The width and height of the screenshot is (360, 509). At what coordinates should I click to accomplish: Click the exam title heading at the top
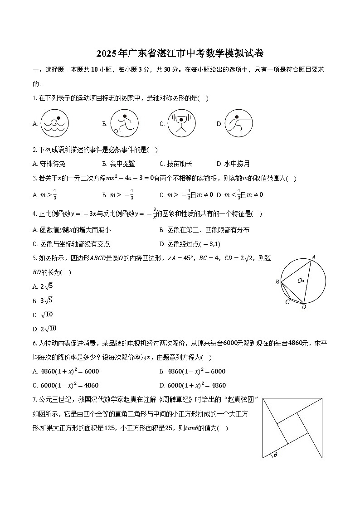[180, 54]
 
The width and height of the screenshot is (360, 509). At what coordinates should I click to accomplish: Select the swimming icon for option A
[54, 123]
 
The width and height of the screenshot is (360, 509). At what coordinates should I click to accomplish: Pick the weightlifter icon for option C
[181, 123]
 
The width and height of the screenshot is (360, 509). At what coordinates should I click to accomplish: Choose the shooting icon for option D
[238, 123]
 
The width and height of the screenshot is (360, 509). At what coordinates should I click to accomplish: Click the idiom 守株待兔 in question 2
[53, 164]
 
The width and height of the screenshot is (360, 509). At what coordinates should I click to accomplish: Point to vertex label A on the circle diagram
[313, 257]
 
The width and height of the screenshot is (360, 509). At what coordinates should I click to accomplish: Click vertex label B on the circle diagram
[277, 282]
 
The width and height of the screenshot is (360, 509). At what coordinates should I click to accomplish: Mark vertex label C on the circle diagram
[287, 302]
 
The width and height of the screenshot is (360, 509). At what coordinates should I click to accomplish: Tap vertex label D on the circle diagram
[303, 307]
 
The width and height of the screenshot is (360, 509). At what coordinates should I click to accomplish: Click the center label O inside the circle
[300, 281]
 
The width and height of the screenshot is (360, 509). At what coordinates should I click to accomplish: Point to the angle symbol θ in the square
[275, 455]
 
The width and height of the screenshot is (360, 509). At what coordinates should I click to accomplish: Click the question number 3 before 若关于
[34, 179]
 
